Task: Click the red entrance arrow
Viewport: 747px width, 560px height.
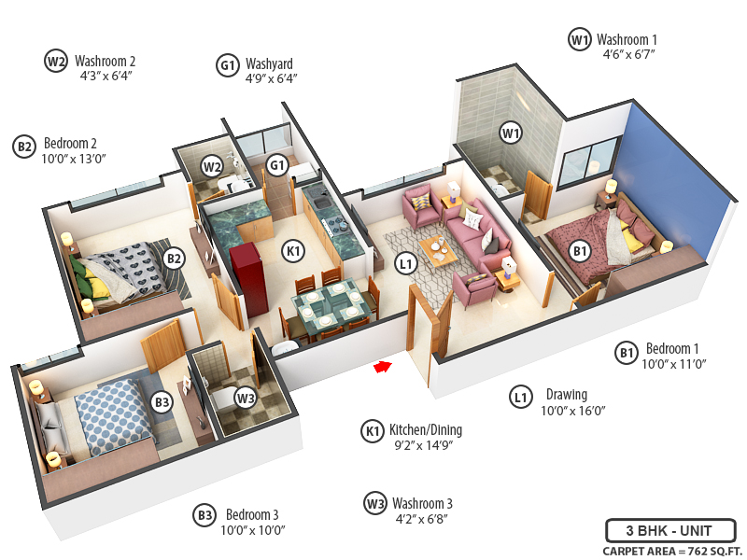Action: click(x=382, y=367)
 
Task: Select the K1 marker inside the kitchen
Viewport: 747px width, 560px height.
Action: click(x=293, y=251)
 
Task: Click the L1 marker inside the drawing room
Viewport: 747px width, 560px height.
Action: click(x=405, y=265)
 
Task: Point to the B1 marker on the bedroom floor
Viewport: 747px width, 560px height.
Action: click(x=579, y=250)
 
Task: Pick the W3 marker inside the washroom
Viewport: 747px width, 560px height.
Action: click(x=245, y=399)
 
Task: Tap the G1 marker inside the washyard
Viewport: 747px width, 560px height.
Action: click(x=276, y=166)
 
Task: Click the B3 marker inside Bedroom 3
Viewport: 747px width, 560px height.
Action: click(x=162, y=402)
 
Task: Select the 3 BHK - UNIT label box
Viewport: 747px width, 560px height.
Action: click(x=670, y=531)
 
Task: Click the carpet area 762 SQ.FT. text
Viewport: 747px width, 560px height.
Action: click(x=669, y=551)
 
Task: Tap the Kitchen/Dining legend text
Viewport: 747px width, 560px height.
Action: click(x=426, y=430)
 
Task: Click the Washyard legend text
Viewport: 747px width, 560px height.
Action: click(x=269, y=64)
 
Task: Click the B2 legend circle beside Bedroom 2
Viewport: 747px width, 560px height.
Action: click(x=24, y=146)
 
